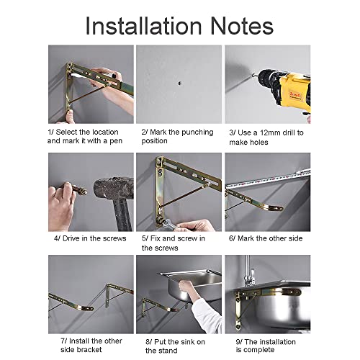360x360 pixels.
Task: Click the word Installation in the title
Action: click(143, 26)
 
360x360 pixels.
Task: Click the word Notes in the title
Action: click(242, 26)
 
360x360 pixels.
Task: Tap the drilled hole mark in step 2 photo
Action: click(179, 84)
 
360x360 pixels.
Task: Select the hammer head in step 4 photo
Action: click(114, 188)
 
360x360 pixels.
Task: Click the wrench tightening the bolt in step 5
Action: click(167, 224)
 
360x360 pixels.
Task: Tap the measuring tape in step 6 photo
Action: click(268, 179)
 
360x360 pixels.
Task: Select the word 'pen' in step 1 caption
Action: click(116, 141)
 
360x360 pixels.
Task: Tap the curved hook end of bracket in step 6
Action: click(276, 207)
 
